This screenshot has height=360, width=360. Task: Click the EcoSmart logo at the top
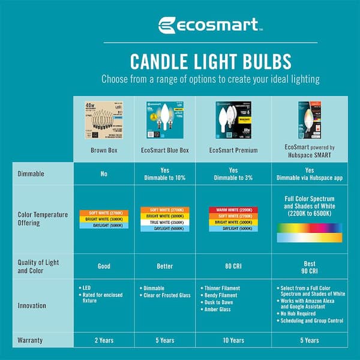point(209,25)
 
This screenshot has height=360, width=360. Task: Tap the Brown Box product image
point(103,118)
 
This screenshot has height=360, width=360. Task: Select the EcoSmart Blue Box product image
point(164,118)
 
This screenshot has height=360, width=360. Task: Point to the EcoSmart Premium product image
point(233,118)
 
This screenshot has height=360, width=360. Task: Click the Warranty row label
point(30,340)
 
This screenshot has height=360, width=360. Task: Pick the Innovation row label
point(32,305)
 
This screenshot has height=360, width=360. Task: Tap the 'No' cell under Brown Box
point(103,173)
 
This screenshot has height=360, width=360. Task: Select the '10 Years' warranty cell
point(233,340)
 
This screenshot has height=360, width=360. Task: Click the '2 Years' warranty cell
point(103,340)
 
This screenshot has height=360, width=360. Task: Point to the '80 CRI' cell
point(233,266)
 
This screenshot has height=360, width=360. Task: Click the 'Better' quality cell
point(164,266)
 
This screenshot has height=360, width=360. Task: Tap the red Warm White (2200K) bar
point(233,210)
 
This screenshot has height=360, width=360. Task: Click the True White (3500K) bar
point(164,222)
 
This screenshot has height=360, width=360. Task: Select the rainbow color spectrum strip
point(310,228)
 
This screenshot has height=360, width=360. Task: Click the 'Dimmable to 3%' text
point(233,178)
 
